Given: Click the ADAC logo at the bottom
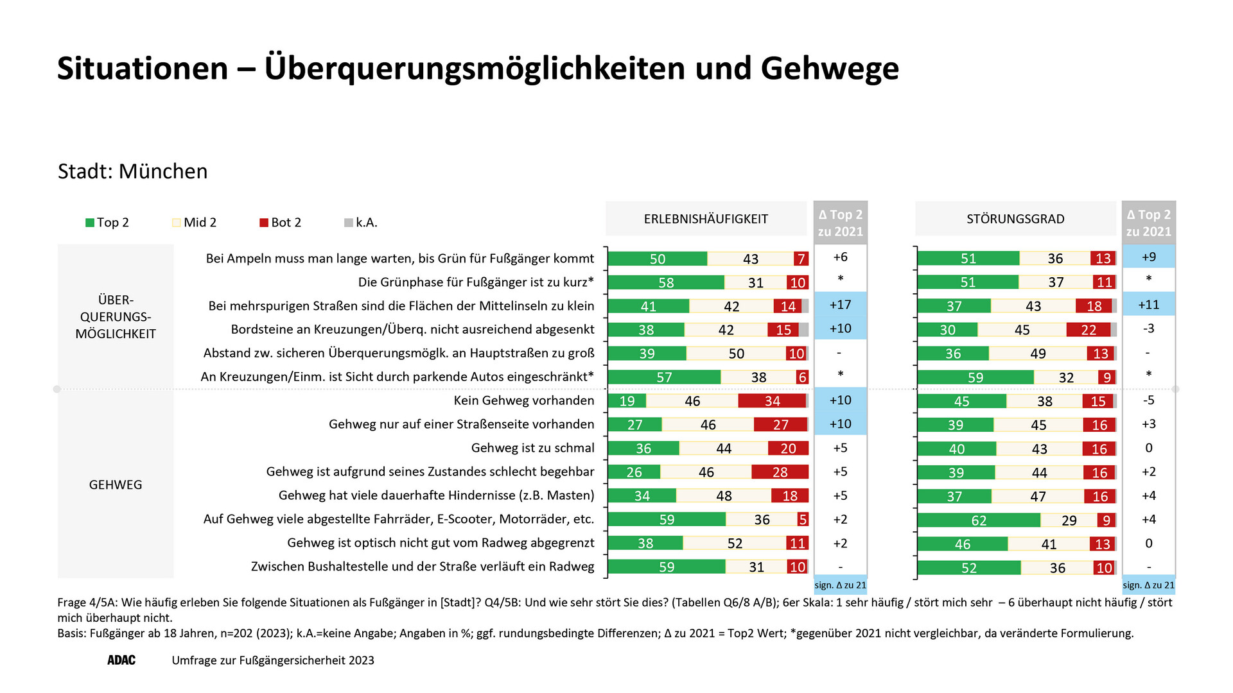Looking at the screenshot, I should (x=121, y=660).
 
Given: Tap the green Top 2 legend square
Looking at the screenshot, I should (x=90, y=223).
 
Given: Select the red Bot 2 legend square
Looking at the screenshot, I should (x=263, y=223).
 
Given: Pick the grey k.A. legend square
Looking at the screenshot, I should (x=349, y=223).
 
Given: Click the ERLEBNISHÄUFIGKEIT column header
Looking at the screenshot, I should (x=706, y=219).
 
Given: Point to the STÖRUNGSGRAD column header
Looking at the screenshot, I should (x=1015, y=219).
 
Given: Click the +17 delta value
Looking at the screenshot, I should (x=840, y=305).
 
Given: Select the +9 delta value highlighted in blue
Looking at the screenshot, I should (x=1149, y=257).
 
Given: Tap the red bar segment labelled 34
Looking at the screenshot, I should (x=772, y=401).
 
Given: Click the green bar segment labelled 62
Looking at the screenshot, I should (x=978, y=520).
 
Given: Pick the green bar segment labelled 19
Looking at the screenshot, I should (x=627, y=401).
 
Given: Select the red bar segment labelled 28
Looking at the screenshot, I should (x=780, y=472).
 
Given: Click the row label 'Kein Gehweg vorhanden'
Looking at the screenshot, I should (x=524, y=400).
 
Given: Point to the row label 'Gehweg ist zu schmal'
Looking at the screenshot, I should (x=532, y=448).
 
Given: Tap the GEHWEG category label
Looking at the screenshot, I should (x=116, y=484).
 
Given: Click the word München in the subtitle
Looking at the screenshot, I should (x=163, y=171).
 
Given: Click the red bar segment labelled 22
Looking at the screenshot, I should (x=1088, y=330).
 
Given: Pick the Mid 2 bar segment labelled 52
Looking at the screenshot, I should (x=735, y=543).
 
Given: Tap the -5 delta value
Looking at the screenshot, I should (x=1149, y=400).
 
